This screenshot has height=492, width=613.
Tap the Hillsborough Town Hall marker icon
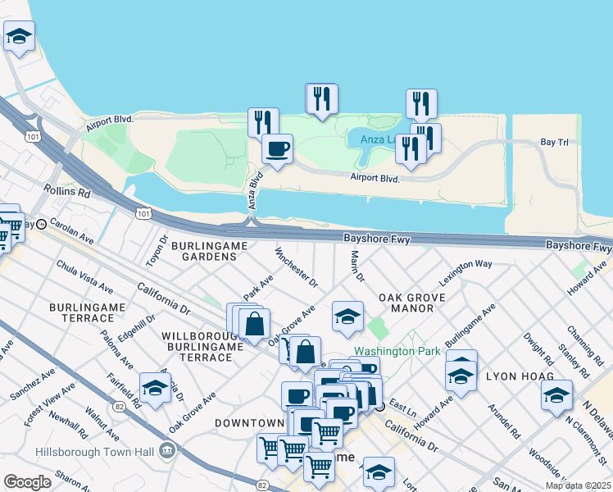click(168, 450)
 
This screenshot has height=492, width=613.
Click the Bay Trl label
click(554, 143)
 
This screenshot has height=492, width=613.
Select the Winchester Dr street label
click(296, 268)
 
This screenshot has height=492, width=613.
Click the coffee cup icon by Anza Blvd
click(277, 149)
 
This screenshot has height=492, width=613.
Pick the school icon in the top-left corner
click(19, 36)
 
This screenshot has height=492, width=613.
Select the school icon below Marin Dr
click(347, 317)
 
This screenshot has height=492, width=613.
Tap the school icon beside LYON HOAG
click(557, 395)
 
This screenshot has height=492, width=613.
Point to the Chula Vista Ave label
click(84, 277)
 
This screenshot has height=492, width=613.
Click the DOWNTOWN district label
click(249, 422)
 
